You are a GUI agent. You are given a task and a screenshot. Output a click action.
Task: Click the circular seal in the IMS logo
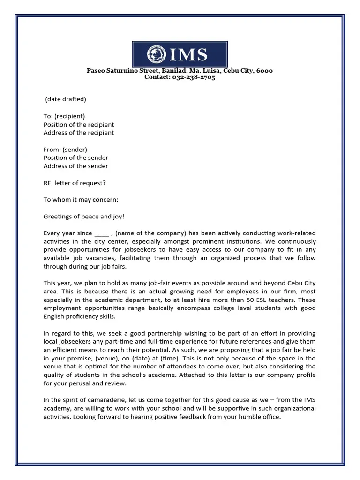(x=157, y=54)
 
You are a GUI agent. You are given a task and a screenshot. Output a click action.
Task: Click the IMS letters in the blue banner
(x=188, y=55)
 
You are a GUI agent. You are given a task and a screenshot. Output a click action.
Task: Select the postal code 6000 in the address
(x=264, y=71)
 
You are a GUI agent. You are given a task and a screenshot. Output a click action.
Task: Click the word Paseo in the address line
(x=96, y=71)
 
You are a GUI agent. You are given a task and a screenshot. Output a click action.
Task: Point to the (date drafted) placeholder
(x=66, y=99)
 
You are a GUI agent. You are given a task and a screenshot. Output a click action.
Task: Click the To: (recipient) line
(x=64, y=116)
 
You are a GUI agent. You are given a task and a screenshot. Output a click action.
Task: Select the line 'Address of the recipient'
(x=79, y=133)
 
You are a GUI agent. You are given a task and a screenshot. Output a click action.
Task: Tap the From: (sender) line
(x=65, y=150)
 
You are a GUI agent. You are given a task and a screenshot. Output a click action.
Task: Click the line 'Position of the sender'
(x=76, y=157)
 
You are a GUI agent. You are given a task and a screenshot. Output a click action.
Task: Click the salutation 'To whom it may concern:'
(x=81, y=200)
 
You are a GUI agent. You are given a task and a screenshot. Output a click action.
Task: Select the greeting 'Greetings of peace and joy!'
(x=84, y=217)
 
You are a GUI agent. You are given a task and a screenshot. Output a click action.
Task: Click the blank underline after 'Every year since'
(x=102, y=233)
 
